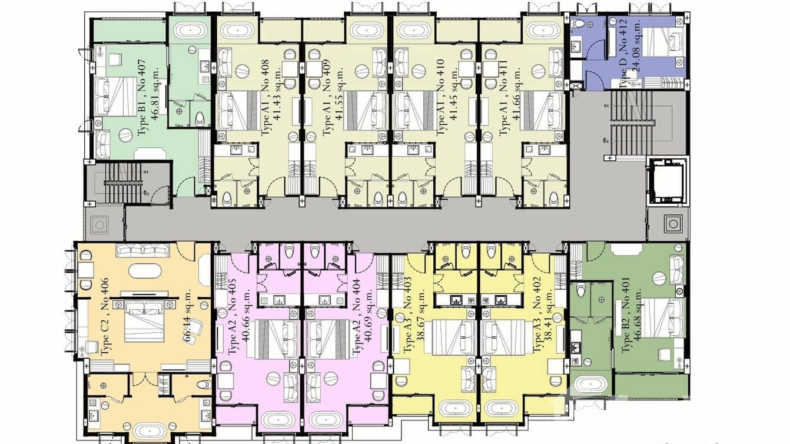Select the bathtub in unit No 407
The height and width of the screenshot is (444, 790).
pyautogui.click(x=189, y=30)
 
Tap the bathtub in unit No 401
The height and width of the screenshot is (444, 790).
pyautogui.click(x=590, y=385)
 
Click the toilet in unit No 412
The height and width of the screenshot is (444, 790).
pyautogui.click(x=579, y=24)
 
